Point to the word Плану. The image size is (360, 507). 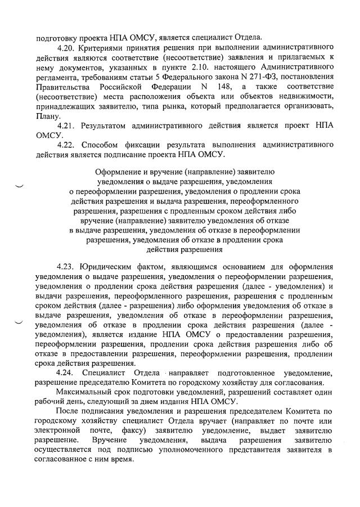coord(47,115)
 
